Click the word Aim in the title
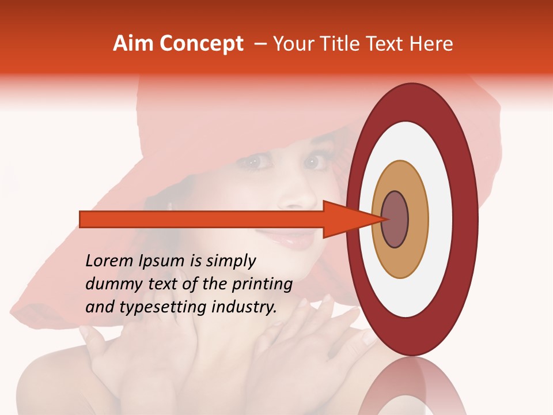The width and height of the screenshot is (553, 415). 134,43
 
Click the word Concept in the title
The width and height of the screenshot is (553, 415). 201,43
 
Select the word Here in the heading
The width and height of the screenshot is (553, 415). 432,43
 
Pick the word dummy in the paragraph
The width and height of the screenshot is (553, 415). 110,284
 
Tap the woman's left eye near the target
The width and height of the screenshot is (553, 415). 314,163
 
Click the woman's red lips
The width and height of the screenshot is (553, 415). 291,236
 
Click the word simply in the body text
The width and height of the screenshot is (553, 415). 230,261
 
